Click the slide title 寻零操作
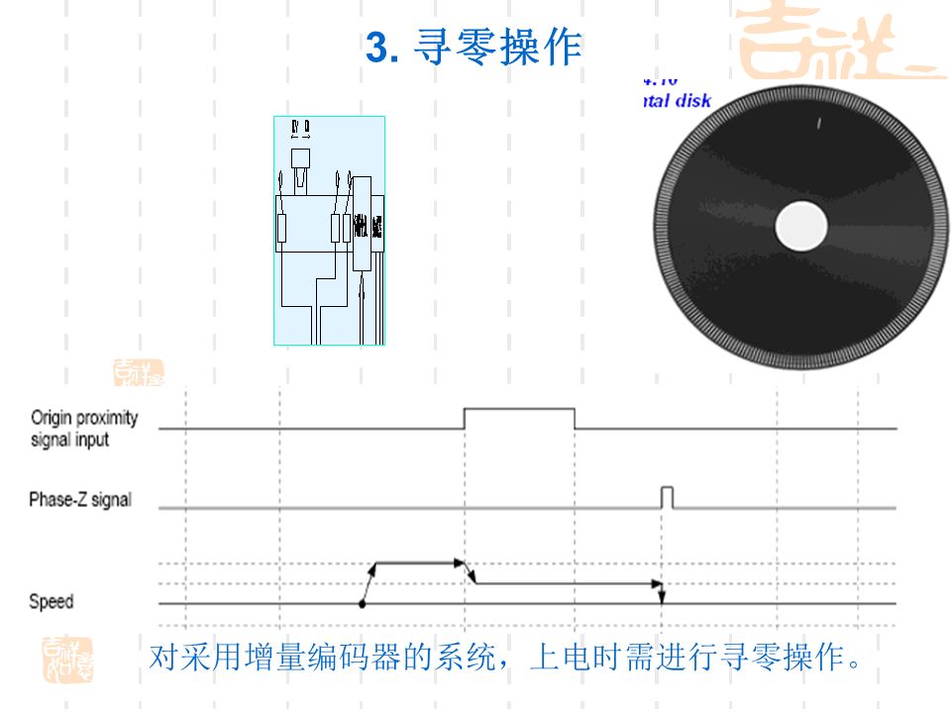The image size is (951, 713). tap(497, 48)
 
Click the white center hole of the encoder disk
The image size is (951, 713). tap(801, 226)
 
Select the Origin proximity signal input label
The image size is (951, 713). tap(84, 428)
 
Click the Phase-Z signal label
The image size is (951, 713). tap(79, 500)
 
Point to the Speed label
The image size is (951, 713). tap(51, 601)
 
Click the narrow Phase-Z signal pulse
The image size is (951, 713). tap(668, 497)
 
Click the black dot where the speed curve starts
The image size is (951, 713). tap(363, 602)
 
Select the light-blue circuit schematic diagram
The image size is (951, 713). tap(329, 230)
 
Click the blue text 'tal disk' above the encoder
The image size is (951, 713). tap(677, 101)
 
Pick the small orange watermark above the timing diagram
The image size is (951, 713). tap(138, 372)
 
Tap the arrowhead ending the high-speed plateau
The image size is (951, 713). tap(459, 563)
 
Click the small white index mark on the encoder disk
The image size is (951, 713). tap(818, 124)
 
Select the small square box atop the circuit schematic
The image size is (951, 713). tap(301, 157)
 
